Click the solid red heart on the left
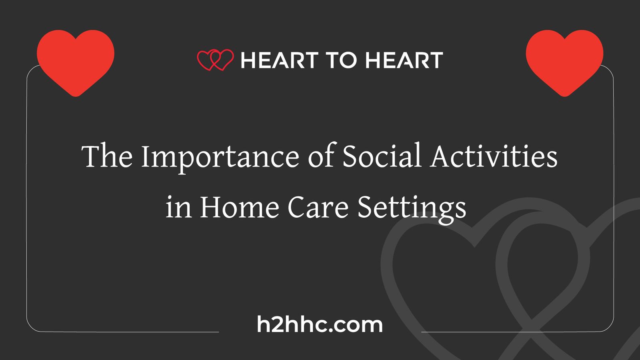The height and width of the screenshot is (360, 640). click(x=76, y=60)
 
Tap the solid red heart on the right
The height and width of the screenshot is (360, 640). click(x=564, y=60)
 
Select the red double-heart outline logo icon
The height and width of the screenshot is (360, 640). click(x=215, y=60)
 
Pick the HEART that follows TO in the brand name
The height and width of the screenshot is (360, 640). click(x=404, y=60)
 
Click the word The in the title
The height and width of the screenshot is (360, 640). click(x=107, y=156)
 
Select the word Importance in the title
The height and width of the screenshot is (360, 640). click(x=220, y=157)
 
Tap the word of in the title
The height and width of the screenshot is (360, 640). click(x=321, y=156)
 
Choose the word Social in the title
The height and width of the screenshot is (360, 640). click(x=382, y=156)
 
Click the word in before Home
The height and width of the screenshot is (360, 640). click(x=178, y=208)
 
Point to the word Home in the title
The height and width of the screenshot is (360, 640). click(x=239, y=208)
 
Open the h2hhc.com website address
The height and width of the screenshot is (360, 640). click(x=320, y=324)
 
